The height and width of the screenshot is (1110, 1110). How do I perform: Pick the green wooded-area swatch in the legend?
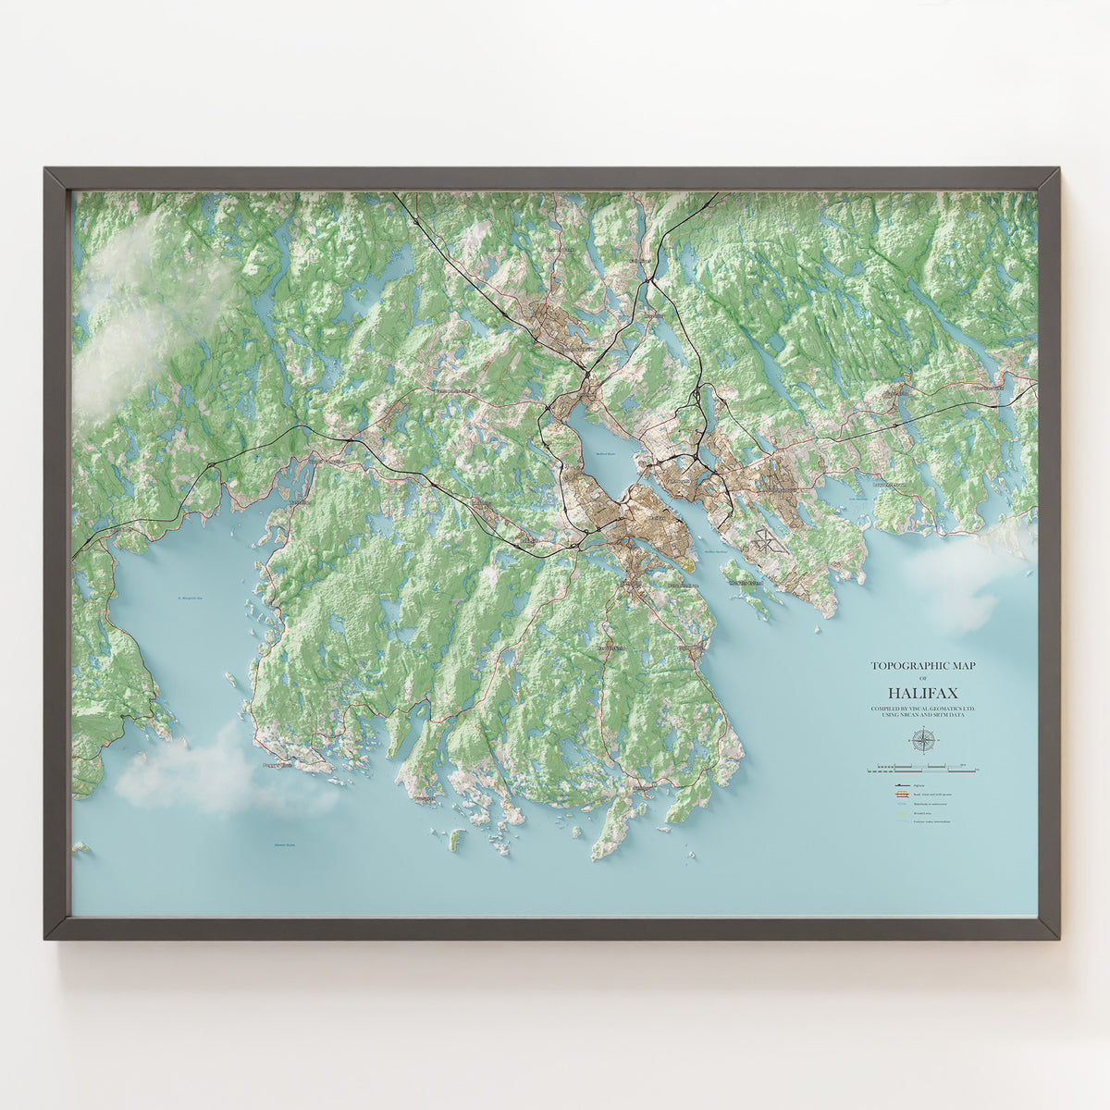pos(899,813)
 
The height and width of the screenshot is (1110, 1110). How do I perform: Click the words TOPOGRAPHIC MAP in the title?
pos(922,665)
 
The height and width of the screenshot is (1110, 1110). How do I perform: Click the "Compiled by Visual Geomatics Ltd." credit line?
pos(922,710)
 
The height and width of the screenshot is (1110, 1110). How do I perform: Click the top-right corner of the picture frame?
pos(1058,169)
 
